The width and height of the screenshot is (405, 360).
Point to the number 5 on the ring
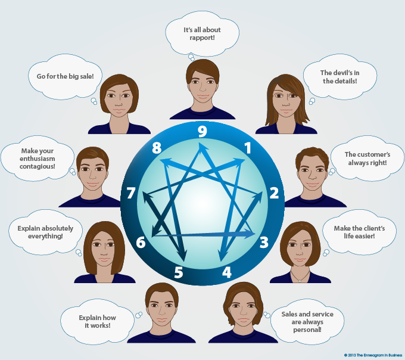point(179,273)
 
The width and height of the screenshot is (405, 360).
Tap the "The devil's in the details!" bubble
point(339,76)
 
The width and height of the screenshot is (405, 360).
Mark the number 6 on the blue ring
point(141,242)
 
